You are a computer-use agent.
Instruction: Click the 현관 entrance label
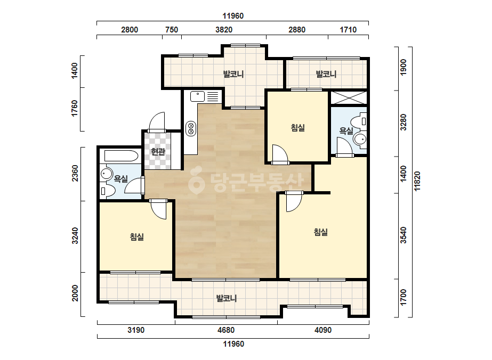point(158,152)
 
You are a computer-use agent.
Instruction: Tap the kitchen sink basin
point(198,96)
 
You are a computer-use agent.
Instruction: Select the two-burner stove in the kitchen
point(190,128)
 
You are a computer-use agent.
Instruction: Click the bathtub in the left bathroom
point(121,156)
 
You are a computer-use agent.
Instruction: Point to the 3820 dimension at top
point(224,30)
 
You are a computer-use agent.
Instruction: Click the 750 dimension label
point(172,30)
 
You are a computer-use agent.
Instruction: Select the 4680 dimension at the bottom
point(226,330)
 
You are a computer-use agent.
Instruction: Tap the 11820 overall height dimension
point(417,181)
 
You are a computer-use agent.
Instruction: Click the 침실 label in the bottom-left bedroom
point(137,237)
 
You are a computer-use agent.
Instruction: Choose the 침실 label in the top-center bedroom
point(298,128)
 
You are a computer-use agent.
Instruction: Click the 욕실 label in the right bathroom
point(346,131)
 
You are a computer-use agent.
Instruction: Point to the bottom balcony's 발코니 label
point(227,298)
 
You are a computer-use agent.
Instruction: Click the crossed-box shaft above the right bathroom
point(349,97)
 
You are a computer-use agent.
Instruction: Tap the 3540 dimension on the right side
point(404,235)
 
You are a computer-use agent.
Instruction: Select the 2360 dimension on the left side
point(75,174)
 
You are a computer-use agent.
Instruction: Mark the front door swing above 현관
point(157,121)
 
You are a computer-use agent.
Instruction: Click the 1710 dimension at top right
point(348,30)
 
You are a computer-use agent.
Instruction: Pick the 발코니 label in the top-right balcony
point(326,75)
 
